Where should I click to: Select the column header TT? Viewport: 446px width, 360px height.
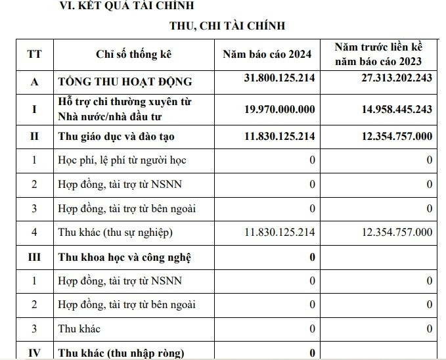[x=34, y=55]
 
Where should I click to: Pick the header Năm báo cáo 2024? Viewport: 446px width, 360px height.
[x=267, y=55]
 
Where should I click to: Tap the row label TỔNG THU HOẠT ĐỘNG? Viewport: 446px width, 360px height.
[x=125, y=81]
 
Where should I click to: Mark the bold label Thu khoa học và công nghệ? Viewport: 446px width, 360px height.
[x=125, y=257]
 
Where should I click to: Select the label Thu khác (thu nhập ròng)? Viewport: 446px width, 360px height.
[x=122, y=353]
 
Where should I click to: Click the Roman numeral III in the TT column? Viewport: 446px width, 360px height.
[x=34, y=257]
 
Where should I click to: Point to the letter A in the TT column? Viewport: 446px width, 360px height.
[x=34, y=81]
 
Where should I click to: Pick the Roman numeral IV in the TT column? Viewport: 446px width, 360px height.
[x=34, y=353]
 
